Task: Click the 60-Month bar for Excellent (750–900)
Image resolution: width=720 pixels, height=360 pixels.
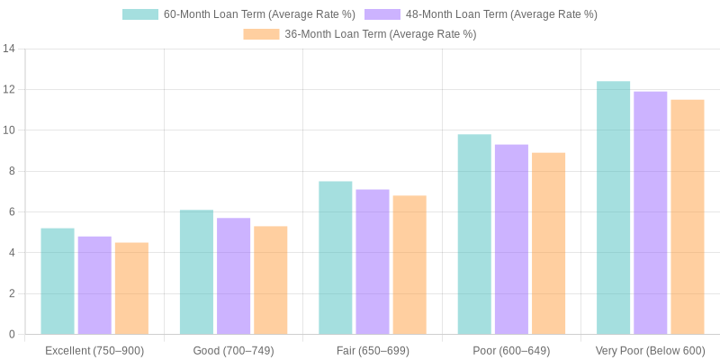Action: pyautogui.click(x=58, y=281)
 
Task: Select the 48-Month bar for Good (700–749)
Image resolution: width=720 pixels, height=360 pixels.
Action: pyautogui.click(x=233, y=275)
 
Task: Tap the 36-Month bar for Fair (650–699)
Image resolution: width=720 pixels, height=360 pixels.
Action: pyautogui.click(x=409, y=265)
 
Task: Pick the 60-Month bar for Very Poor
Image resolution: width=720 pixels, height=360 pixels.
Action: pyautogui.click(x=613, y=207)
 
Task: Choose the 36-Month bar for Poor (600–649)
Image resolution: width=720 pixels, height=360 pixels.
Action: pyautogui.click(x=548, y=243)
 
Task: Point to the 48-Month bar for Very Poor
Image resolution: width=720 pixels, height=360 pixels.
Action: pyautogui.click(x=650, y=212)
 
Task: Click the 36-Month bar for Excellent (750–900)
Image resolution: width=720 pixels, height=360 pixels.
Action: pyautogui.click(x=131, y=288)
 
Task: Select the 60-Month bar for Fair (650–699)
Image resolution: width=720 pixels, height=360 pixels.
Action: pyautogui.click(x=336, y=257)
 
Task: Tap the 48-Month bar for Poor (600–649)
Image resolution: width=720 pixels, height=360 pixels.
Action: pyautogui.click(x=511, y=239)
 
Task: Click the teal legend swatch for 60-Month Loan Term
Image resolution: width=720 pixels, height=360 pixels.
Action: pyautogui.click(x=139, y=14)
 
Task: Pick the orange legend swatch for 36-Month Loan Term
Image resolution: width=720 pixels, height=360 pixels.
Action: pyautogui.click(x=261, y=34)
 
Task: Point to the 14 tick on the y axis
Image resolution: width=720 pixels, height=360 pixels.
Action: pyautogui.click(x=9, y=49)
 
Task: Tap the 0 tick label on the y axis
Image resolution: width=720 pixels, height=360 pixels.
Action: pyautogui.click(x=12, y=334)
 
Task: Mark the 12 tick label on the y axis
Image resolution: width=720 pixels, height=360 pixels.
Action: pyautogui.click(x=9, y=89)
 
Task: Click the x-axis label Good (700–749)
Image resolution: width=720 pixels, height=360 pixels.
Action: pyautogui.click(x=233, y=350)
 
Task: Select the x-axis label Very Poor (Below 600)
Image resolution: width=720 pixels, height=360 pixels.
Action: pyautogui.click(x=650, y=350)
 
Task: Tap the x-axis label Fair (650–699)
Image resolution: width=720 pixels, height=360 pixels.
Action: pyautogui.click(x=373, y=350)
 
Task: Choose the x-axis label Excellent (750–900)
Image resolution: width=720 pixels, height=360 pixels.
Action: pyautogui.click(x=94, y=350)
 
